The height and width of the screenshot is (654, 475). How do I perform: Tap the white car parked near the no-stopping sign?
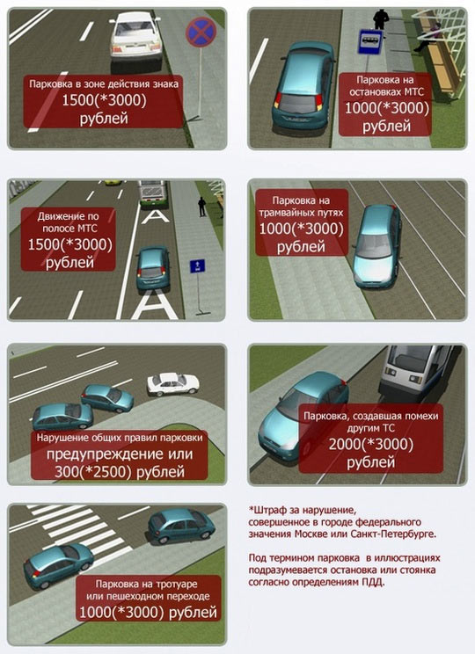point(135,37)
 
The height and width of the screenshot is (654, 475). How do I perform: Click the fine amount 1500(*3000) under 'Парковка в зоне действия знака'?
point(104,100)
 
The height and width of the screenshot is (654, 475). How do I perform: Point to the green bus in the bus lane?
point(153,194)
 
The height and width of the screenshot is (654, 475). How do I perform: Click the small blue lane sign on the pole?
point(197,265)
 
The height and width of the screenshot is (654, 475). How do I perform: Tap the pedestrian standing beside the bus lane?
point(202,207)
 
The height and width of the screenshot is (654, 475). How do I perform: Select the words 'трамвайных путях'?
point(301,213)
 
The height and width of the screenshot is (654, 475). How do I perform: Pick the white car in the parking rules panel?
point(172,384)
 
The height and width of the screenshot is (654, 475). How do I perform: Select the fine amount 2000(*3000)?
point(370,445)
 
